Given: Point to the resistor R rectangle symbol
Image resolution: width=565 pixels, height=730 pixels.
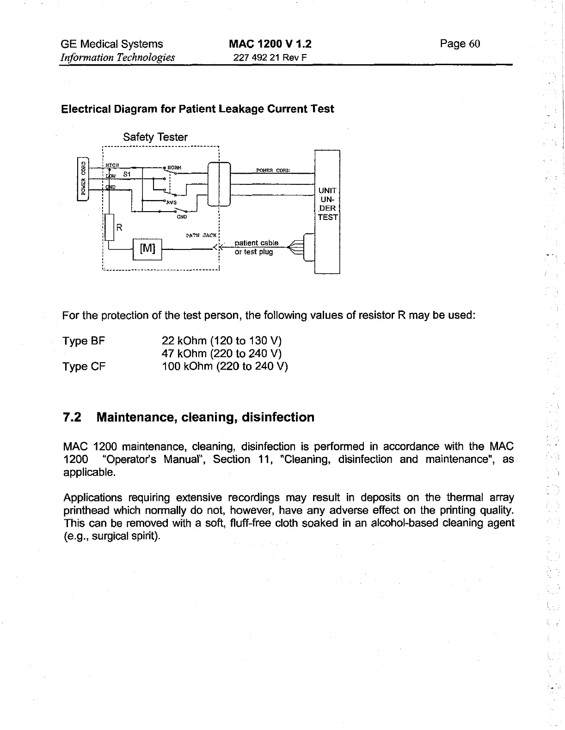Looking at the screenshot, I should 109,227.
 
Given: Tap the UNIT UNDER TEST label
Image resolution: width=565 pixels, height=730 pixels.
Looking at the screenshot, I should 327,204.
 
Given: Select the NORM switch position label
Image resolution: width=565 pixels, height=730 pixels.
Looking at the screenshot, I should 174,167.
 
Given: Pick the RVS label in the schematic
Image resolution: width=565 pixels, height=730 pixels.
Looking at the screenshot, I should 171,202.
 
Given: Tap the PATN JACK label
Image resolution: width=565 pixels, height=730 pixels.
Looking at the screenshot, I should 201,235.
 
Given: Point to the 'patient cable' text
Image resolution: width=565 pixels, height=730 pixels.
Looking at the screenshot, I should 257,243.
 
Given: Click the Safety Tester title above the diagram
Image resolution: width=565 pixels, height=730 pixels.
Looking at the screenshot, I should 155,137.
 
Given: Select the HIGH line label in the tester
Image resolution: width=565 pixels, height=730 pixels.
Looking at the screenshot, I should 112,165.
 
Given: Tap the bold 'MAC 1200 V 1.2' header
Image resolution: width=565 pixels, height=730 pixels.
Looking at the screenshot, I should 270,44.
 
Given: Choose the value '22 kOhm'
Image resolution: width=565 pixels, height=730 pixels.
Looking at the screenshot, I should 184,341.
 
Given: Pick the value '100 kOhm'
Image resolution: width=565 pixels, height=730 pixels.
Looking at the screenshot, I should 187,366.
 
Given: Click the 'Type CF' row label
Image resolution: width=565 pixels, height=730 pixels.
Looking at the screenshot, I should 84,366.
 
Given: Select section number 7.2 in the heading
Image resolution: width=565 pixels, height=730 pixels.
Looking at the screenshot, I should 72,417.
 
